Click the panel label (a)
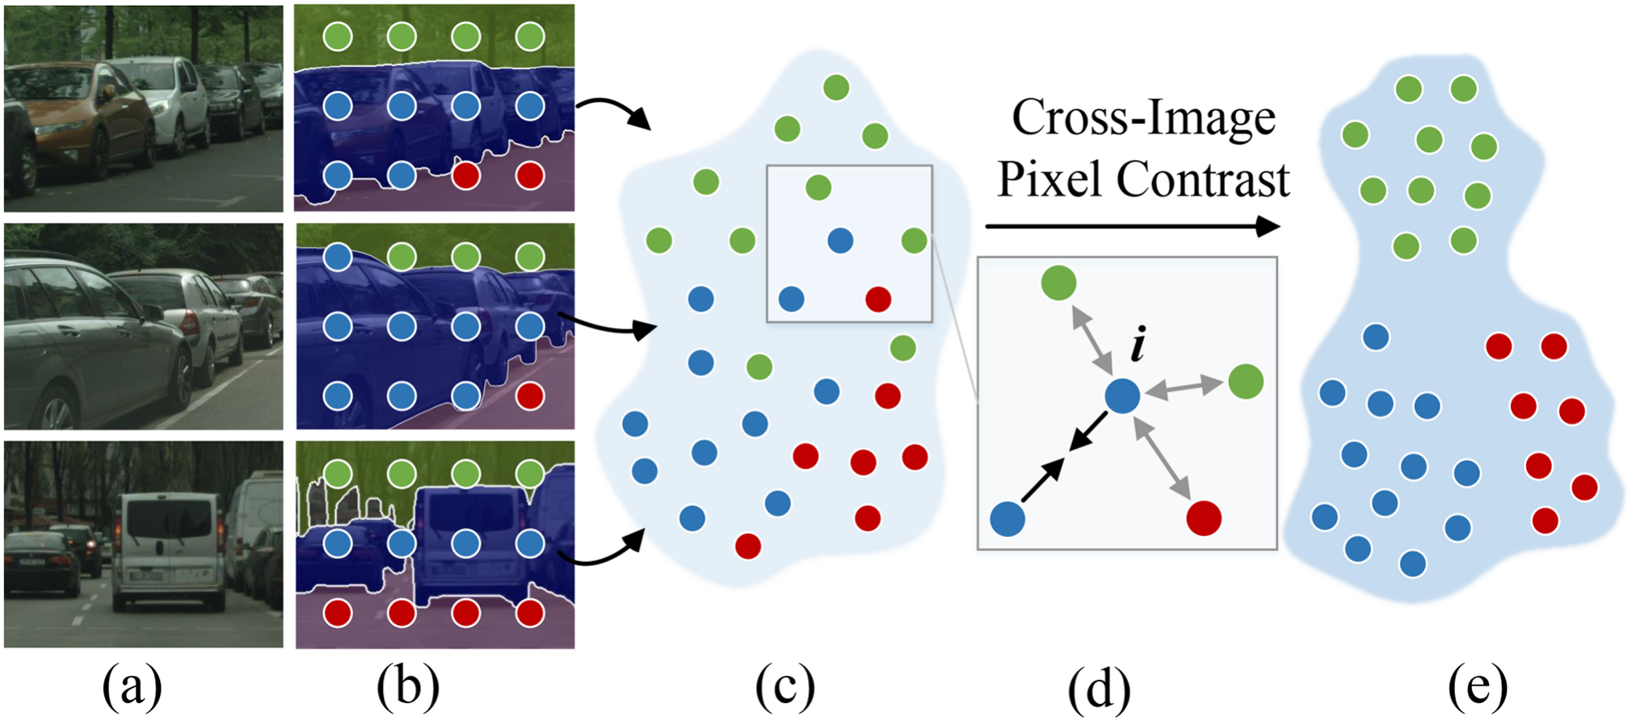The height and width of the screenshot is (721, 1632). (x=132, y=687)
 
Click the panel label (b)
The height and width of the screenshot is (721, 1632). (x=408, y=687)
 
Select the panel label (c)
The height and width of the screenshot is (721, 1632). (x=784, y=687)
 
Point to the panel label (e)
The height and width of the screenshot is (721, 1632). (x=1478, y=687)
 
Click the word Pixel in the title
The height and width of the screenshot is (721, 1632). (x=1049, y=179)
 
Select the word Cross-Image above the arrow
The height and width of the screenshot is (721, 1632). (x=1143, y=118)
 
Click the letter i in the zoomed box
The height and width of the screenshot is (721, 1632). (x=1138, y=345)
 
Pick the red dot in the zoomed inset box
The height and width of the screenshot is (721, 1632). (x=1204, y=518)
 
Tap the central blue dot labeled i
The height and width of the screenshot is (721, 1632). (x=1122, y=396)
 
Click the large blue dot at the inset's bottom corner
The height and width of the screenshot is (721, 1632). (x=1007, y=518)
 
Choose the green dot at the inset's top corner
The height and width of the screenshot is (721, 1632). (x=1058, y=283)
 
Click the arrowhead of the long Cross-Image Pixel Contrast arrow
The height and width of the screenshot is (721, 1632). (x=1268, y=227)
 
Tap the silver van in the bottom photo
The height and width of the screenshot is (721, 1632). (x=170, y=549)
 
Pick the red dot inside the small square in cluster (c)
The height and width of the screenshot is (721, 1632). (x=878, y=300)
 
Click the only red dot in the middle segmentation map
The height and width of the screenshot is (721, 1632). (x=530, y=396)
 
